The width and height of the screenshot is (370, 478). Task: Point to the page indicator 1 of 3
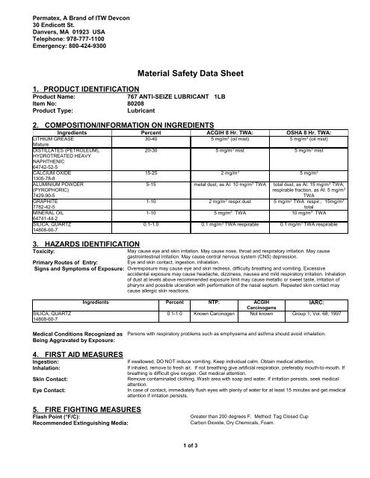tap(185, 465)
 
